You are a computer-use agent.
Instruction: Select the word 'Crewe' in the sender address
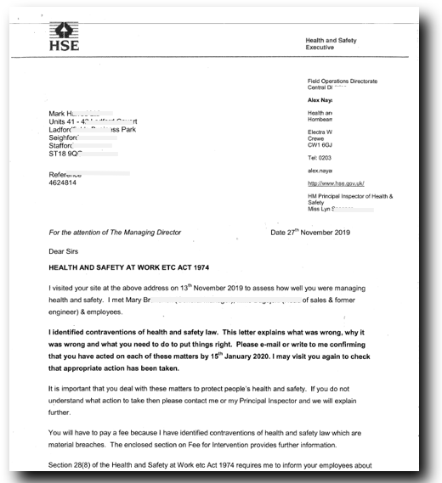(317, 138)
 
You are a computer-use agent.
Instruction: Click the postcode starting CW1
(320, 145)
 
